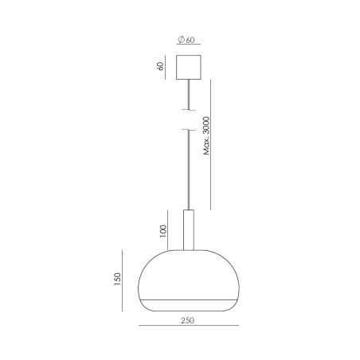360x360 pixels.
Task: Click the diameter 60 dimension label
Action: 186,40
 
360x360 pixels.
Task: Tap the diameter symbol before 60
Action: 181,40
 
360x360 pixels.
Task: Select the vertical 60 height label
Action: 160,66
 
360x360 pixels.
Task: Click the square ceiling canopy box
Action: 189,67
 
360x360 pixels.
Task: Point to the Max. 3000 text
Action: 206,135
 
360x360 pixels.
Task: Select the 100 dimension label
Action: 163,231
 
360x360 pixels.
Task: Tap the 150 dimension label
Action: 117,279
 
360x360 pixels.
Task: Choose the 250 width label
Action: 188,320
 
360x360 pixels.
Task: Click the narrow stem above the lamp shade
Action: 189,230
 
